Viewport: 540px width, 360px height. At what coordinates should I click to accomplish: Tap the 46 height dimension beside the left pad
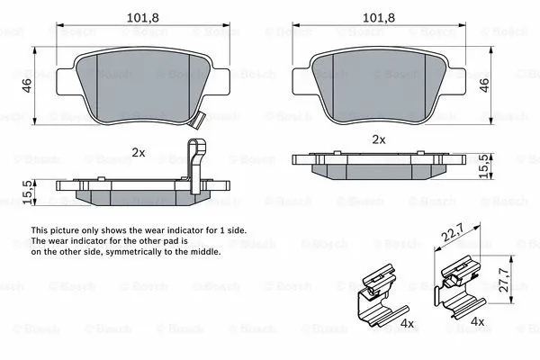tap(28, 85)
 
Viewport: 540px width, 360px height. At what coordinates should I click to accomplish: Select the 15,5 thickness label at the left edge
tap(28, 191)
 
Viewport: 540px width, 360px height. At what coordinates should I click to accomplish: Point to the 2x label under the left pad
tap(138, 152)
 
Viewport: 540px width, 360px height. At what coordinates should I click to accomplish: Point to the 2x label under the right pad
tap(379, 139)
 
